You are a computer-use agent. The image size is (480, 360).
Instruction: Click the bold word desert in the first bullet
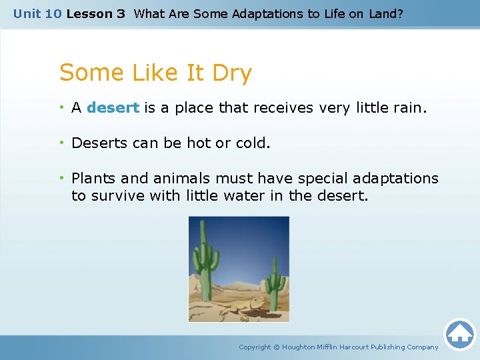(113, 108)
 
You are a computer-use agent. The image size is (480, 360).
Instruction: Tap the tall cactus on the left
(206, 257)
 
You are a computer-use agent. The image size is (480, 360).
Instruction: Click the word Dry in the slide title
(231, 73)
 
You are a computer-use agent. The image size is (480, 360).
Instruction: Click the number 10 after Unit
(54, 13)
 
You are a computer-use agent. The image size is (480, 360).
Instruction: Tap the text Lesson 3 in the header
(96, 13)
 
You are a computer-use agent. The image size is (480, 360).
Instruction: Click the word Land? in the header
(387, 13)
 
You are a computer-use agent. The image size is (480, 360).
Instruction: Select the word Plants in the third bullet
(93, 179)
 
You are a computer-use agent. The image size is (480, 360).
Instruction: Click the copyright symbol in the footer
(276, 347)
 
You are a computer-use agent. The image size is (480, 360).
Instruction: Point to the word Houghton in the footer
(299, 347)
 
